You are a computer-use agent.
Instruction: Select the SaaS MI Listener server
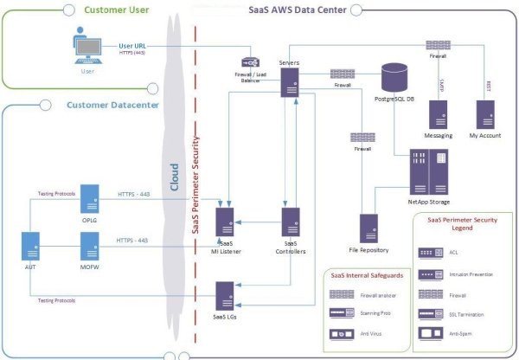pos(226,222)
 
